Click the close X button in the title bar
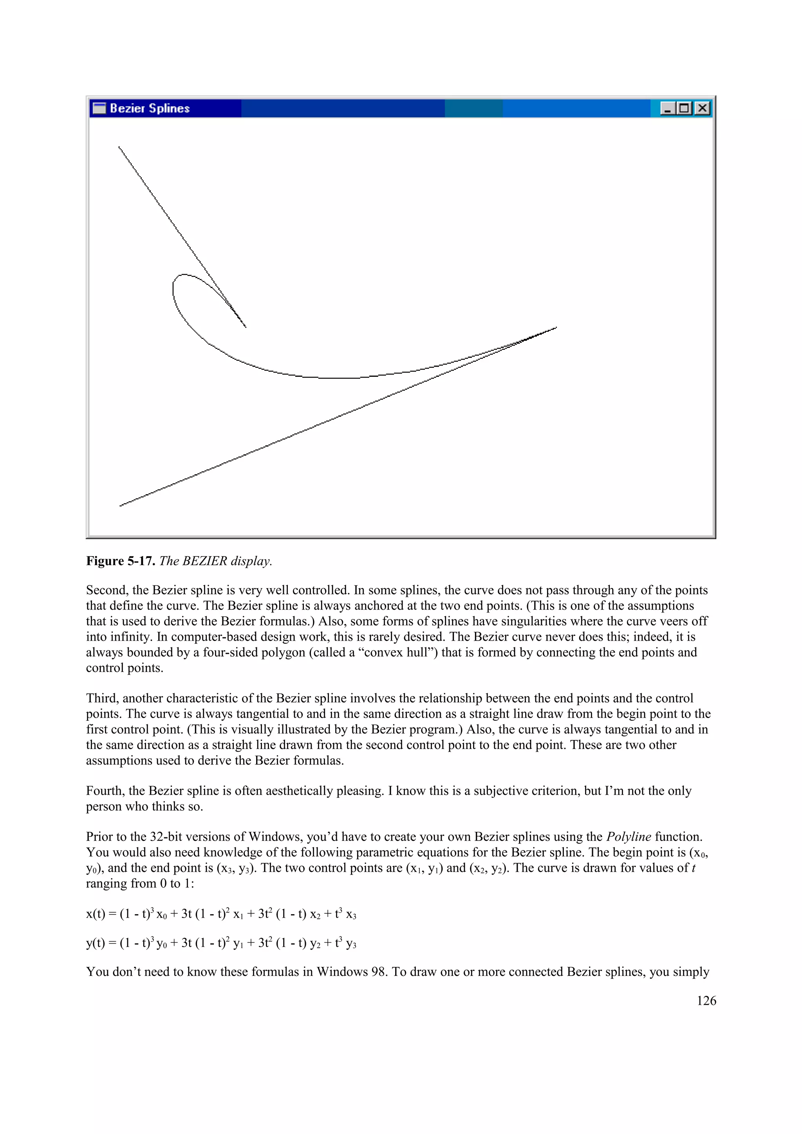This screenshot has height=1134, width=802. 702,108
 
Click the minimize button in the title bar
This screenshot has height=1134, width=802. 667,108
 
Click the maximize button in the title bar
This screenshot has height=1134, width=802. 685,108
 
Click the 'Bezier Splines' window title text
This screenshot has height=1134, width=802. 149,108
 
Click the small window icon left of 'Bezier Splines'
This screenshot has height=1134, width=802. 99,108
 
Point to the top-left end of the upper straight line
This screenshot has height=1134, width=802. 119,147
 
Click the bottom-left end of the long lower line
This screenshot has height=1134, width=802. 120,506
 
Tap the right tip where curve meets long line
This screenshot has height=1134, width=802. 556,328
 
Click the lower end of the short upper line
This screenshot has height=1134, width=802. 246,327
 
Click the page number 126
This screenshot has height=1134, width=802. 706,1001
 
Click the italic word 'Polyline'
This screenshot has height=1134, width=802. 629,837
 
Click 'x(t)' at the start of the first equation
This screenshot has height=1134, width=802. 96,914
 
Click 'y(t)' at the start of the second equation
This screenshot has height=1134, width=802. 96,943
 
